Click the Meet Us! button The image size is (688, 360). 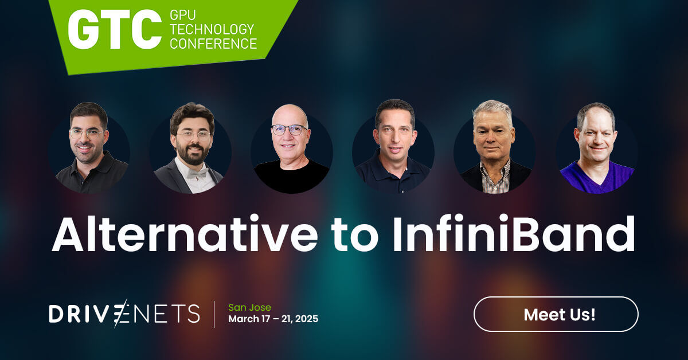click(x=556, y=314)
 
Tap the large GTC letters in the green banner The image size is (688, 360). click(x=115, y=29)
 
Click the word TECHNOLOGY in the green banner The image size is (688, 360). click(x=212, y=29)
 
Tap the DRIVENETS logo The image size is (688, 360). click(x=124, y=314)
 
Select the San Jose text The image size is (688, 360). click(x=249, y=307)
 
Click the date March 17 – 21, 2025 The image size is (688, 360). click(x=273, y=319)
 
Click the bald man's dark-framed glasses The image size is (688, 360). click(x=289, y=130)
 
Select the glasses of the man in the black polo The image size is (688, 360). click(x=87, y=134)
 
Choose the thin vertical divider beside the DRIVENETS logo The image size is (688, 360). click(x=214, y=314)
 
